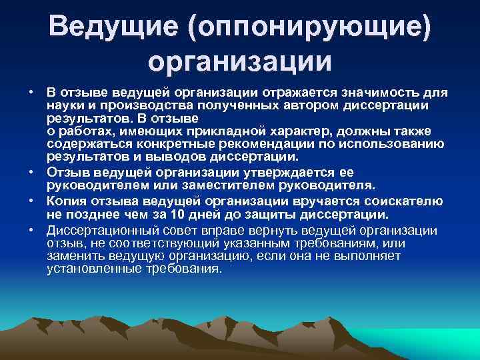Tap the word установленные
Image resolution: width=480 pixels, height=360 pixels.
(x=90, y=268)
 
